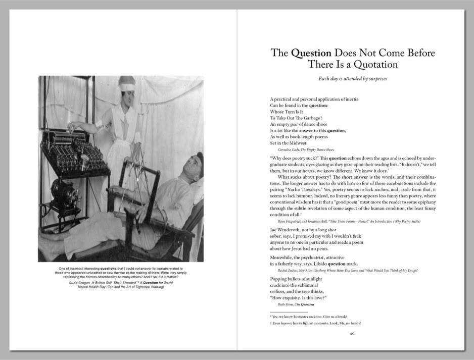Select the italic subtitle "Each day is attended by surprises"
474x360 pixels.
point(352,79)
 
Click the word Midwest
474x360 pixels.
point(296,143)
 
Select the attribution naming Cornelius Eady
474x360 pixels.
point(306,150)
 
